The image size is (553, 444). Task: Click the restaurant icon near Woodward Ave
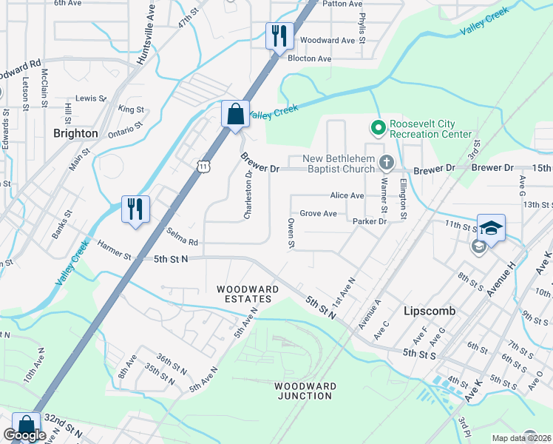tap(279, 36)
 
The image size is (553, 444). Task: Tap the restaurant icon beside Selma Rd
tap(135, 208)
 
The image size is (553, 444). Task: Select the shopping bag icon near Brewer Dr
tap(235, 115)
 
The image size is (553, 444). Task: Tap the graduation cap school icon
tap(491, 227)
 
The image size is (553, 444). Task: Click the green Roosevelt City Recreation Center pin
tap(378, 128)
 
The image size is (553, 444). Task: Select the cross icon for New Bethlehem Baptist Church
tap(385, 162)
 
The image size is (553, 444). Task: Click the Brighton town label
tap(75, 133)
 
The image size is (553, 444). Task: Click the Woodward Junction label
tap(305, 391)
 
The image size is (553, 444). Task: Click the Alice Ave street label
tap(347, 195)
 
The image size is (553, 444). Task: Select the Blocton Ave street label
tap(309, 58)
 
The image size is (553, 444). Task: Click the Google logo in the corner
tap(25, 436)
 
